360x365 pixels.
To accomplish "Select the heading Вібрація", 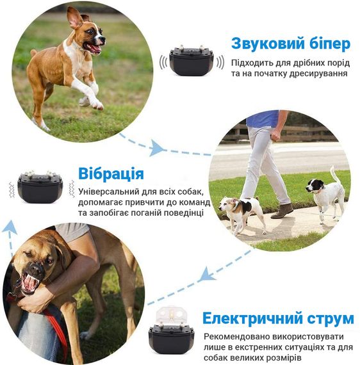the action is tap(111, 174).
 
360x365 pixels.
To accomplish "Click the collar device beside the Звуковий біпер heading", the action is tap(192, 60).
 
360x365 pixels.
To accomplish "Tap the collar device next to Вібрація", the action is tap(40, 187).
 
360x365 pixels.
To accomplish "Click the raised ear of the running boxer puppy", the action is tap(74, 17).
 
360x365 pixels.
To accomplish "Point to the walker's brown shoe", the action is tap(282, 211).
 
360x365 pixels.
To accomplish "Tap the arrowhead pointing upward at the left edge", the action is tap(10, 227).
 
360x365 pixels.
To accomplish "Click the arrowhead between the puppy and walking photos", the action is tap(157, 147).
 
